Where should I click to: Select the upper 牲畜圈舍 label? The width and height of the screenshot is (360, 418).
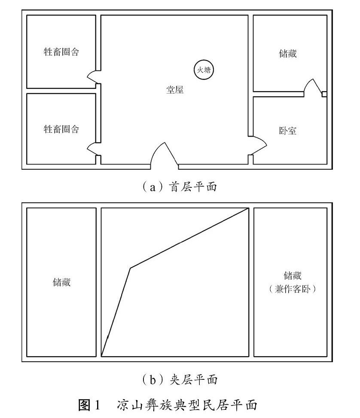pos(61,52)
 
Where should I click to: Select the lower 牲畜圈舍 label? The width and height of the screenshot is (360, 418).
pos(61,129)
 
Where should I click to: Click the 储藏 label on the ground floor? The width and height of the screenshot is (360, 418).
pos(287,54)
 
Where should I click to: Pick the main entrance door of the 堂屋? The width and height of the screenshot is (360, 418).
pos(164,155)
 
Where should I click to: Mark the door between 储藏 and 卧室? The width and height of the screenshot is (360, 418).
pos(313,88)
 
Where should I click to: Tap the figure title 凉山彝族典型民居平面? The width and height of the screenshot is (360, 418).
pos(187,405)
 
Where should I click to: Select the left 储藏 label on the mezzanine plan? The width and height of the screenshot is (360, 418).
pos(61,283)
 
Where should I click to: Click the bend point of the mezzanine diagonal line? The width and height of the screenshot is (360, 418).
pos(131,268)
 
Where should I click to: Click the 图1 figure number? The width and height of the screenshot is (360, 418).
pos(89,405)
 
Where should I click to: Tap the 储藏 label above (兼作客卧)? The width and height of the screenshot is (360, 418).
pos(290,275)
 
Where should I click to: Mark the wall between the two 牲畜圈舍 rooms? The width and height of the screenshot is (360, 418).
pos(61,91)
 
